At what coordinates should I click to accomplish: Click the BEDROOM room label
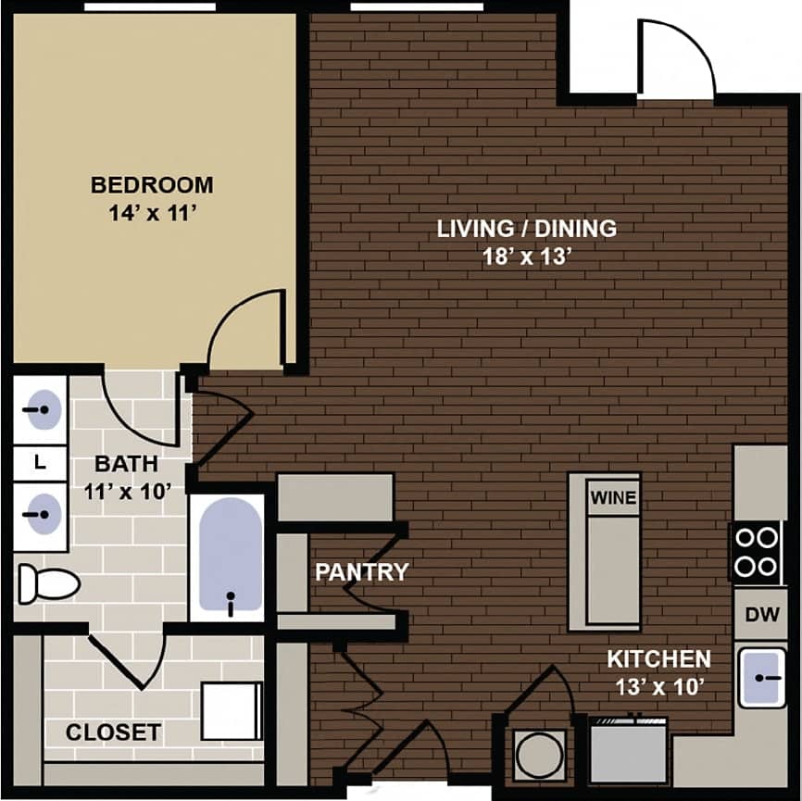(x=152, y=184)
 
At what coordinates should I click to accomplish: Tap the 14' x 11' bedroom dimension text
(x=152, y=213)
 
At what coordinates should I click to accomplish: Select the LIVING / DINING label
(x=527, y=228)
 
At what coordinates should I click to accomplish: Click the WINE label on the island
(x=612, y=498)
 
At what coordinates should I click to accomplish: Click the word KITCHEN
(x=658, y=659)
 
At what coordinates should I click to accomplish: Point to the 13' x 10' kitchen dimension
(x=658, y=687)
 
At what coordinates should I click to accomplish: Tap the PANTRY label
(x=361, y=571)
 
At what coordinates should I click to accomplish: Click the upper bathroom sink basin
(x=42, y=409)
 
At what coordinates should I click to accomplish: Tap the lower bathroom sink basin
(x=42, y=509)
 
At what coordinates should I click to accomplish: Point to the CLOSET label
(x=113, y=732)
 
